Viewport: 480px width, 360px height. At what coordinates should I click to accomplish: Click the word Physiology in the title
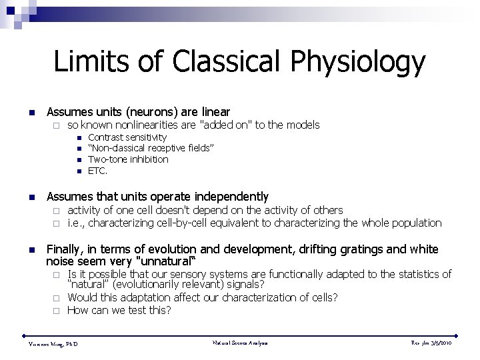coord(357,63)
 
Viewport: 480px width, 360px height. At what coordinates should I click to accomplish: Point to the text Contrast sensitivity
coord(127,137)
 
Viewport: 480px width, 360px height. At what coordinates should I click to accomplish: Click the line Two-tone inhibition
coord(128,159)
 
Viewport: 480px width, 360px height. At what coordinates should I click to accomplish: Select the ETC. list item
coord(98,171)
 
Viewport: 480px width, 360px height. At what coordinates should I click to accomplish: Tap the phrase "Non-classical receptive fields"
coord(150,148)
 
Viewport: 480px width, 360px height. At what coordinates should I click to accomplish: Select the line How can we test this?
coord(119,310)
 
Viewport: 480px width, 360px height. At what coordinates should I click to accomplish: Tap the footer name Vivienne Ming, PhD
coord(53,343)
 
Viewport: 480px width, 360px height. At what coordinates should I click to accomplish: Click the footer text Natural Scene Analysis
coord(240,343)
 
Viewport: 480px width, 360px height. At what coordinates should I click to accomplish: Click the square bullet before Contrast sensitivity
coord(79,138)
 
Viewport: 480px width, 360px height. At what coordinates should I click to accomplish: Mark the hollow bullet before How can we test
coord(58,311)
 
